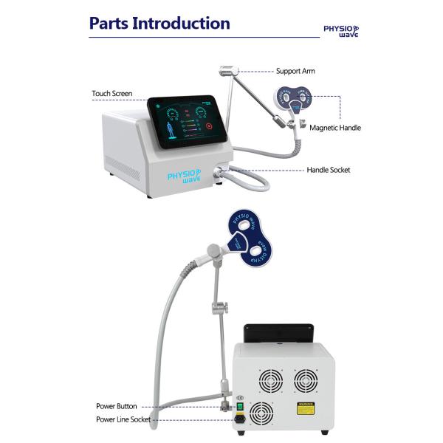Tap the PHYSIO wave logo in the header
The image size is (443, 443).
[341, 30]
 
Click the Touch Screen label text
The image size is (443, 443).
[112, 94]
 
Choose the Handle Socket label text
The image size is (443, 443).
[329, 170]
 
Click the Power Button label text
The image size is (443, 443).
[116, 406]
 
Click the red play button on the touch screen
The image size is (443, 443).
[207, 126]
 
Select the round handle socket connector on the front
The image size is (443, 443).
[219, 172]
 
